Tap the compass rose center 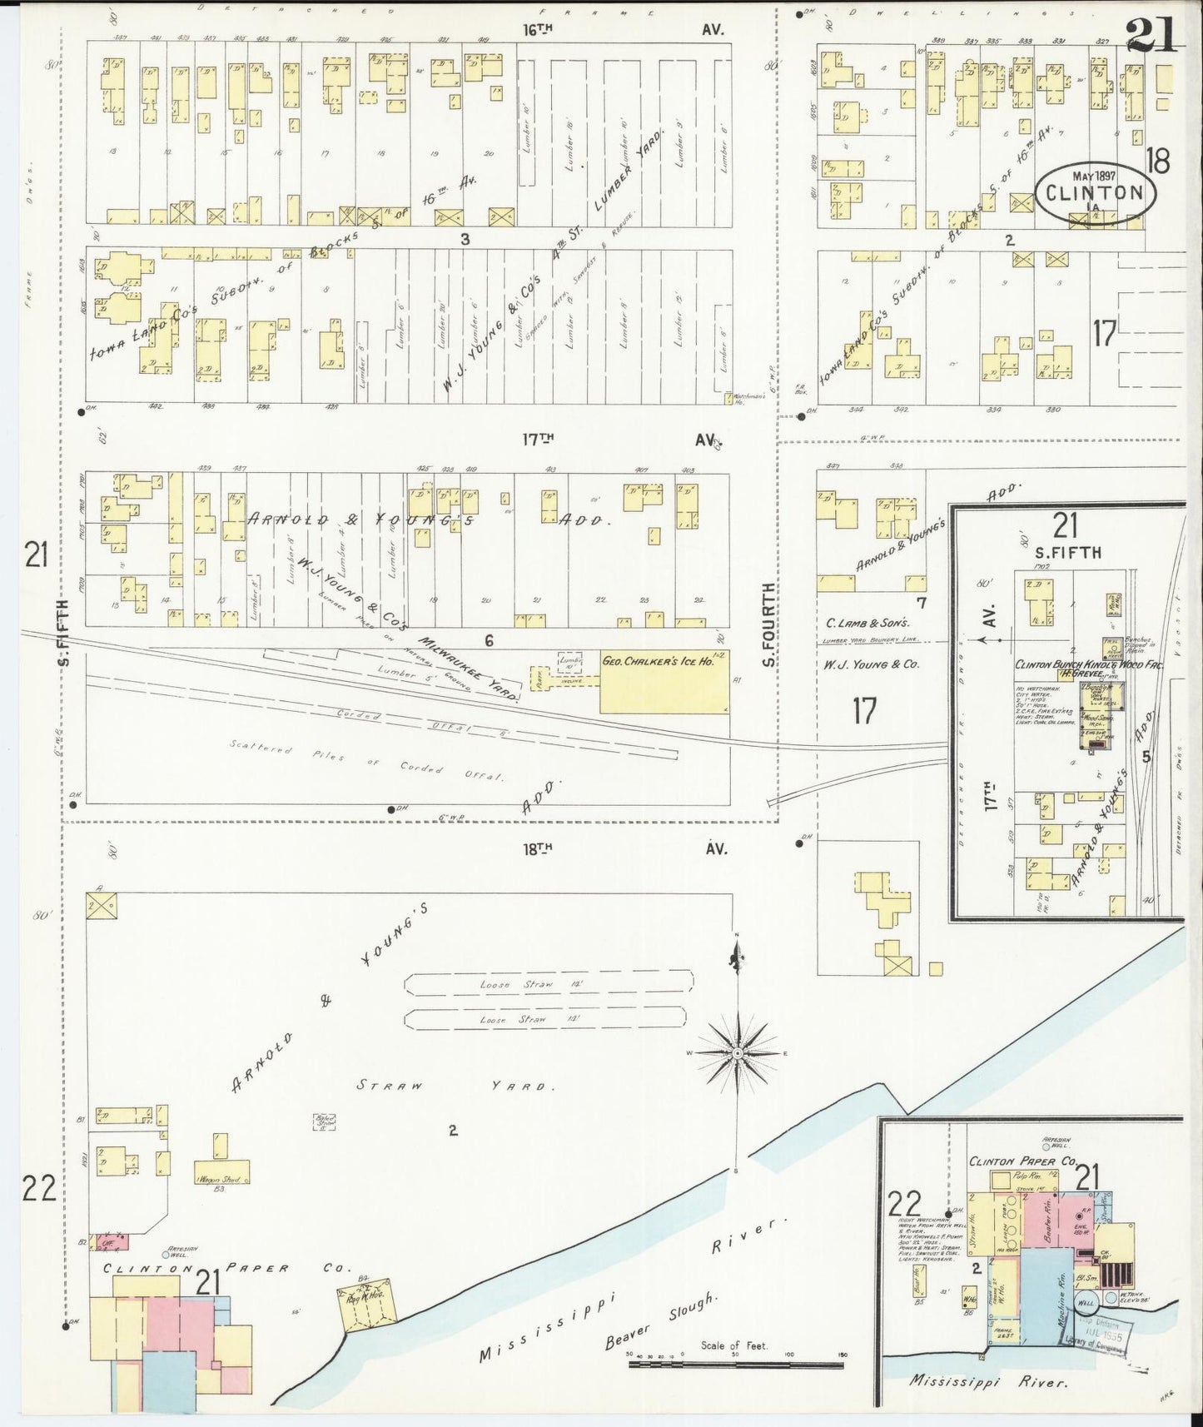[x=737, y=1054]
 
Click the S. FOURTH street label [x=768, y=624]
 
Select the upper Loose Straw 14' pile [x=549, y=984]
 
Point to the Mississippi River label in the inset [x=987, y=1381]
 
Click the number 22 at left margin [x=37, y=1189]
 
